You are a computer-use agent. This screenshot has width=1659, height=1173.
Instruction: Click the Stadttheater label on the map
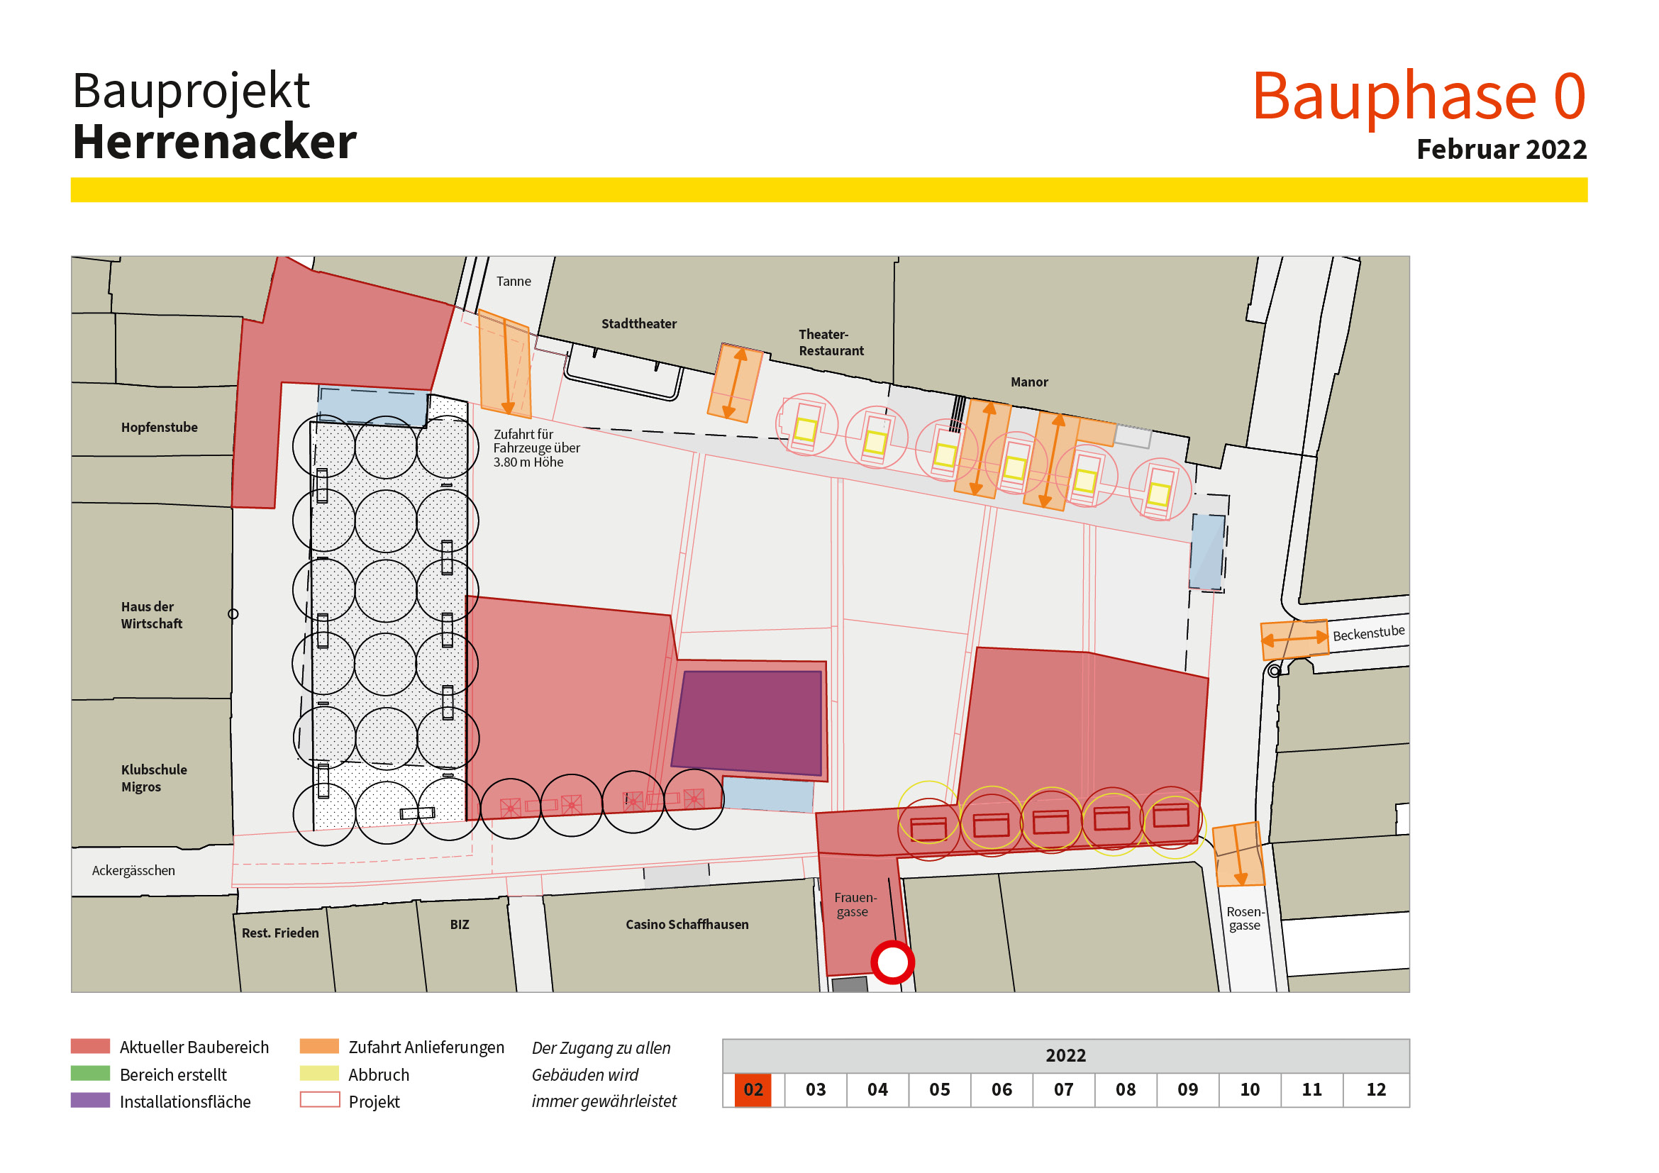639,323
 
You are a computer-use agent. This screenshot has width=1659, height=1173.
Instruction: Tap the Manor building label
1029,382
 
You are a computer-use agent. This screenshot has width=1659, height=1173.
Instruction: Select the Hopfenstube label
159,427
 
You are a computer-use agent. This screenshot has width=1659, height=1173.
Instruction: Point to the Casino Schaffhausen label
687,925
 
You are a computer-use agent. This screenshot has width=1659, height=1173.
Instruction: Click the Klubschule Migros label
153,778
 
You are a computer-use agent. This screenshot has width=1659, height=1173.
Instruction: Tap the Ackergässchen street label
133,870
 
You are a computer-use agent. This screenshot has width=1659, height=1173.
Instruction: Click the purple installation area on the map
748,722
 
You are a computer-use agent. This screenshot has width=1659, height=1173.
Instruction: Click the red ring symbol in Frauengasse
892,962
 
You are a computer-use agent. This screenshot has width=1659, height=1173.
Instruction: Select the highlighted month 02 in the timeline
753,1089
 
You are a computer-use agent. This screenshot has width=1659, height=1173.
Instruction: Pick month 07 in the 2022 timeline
1063,1089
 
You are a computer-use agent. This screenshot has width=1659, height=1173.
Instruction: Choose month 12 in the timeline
1376,1089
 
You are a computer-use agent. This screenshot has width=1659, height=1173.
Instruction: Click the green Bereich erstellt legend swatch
90,1073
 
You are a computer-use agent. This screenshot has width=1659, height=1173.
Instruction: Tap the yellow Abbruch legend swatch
319,1073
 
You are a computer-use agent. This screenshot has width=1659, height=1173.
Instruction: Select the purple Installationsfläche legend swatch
90,1100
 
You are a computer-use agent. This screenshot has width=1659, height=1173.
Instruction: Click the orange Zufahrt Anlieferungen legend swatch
319,1046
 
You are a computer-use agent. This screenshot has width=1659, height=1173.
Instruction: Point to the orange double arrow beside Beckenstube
1294,638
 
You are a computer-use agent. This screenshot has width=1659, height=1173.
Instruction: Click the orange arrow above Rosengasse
1238,855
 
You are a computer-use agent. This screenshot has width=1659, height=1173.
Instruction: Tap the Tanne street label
513,281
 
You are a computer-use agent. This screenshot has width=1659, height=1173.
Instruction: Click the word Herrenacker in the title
215,142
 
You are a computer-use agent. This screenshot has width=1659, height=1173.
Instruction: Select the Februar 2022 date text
1501,150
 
